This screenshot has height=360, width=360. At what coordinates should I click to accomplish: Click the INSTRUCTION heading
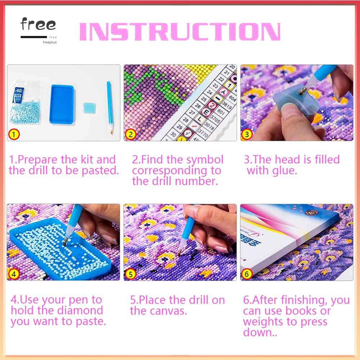pos(179,32)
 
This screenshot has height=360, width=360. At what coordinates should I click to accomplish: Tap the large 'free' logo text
pos(38,25)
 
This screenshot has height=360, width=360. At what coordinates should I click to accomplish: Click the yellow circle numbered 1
pos(14,135)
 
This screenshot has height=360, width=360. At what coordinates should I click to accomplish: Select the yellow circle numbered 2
pos(130,135)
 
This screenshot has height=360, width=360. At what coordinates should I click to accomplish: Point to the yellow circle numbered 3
pos(247,135)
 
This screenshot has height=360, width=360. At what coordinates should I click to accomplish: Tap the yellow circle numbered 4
pos(14,274)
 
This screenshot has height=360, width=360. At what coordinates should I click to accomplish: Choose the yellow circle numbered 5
pos(130,274)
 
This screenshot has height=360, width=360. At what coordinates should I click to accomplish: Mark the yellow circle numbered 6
pos(247,274)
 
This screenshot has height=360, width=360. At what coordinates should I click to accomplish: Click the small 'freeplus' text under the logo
pos(49,42)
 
